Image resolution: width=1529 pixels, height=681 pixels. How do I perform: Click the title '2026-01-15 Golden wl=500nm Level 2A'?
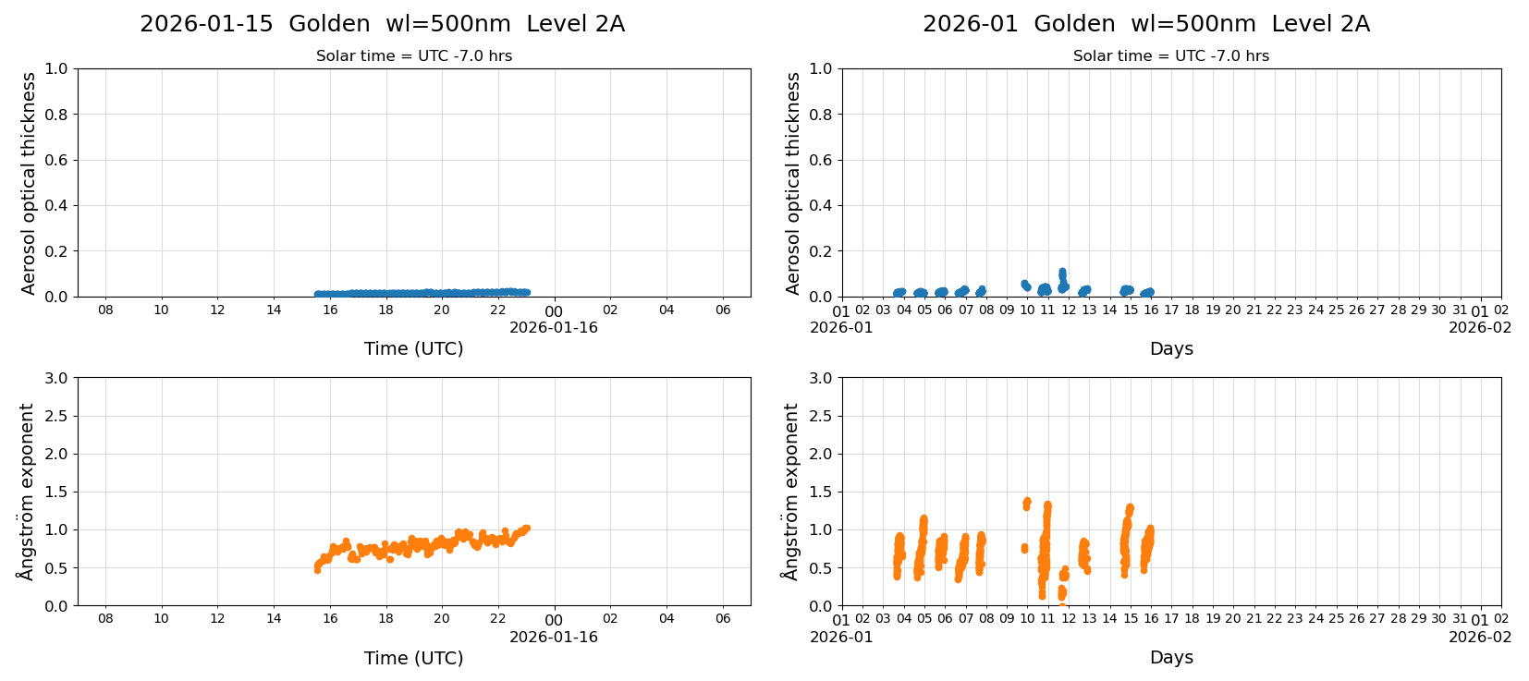(x=382, y=24)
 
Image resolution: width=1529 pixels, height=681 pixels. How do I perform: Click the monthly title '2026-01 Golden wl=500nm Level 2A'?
(x=1145, y=24)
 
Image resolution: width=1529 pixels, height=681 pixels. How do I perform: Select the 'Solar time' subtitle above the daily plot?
(x=413, y=56)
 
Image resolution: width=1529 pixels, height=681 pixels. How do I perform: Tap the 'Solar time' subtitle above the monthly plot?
(x=1170, y=56)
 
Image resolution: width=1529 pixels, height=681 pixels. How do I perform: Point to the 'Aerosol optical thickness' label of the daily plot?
(x=29, y=183)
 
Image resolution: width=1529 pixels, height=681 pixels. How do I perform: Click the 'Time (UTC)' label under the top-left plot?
(x=413, y=348)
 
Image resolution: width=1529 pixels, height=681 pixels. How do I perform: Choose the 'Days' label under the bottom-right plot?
(x=1170, y=658)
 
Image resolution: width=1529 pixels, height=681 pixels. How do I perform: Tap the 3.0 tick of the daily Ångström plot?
(x=56, y=378)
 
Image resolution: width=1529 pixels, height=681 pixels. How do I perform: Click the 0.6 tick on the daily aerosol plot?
(x=56, y=160)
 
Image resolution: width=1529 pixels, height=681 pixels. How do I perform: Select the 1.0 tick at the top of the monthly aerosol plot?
(x=821, y=68)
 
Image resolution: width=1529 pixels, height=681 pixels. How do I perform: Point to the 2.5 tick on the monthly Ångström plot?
(x=821, y=416)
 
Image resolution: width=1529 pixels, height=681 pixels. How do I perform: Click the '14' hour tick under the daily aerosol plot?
(x=274, y=310)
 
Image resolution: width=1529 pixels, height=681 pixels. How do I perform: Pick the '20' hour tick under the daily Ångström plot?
(x=442, y=619)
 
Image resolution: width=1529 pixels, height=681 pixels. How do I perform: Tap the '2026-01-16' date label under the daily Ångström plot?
(x=553, y=637)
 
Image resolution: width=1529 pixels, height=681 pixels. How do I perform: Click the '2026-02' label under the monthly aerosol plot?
(x=1479, y=327)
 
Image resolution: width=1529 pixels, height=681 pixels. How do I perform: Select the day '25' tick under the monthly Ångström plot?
(x=1336, y=619)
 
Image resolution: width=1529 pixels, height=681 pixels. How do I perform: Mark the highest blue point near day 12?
(x=1062, y=272)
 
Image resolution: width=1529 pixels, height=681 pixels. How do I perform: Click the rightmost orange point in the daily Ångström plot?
(x=527, y=529)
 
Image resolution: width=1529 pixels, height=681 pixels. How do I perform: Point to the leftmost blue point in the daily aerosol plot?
(x=317, y=294)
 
